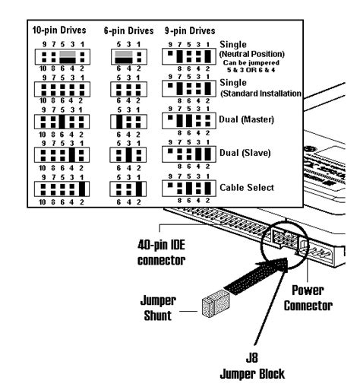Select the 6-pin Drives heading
pos(128,31)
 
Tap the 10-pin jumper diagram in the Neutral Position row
pos(60,56)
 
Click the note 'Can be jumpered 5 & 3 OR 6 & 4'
pos(259,68)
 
